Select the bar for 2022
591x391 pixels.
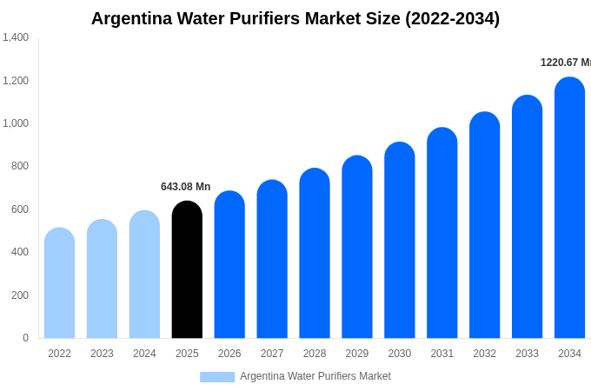[x=59, y=283]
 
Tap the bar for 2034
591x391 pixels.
[x=569, y=208]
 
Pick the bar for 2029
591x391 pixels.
[x=357, y=247]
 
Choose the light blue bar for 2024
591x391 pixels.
[x=144, y=275]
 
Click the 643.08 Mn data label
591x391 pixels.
[x=185, y=187]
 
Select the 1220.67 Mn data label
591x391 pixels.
[x=565, y=63]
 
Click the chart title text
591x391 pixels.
[x=295, y=18]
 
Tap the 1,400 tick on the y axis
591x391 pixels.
[x=16, y=37]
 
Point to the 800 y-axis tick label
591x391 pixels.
[x=19, y=166]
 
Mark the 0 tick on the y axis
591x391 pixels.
[x=25, y=338]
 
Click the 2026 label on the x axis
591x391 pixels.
[x=229, y=354]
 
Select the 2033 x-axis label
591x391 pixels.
[x=527, y=354]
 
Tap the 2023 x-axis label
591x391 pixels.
[x=102, y=354]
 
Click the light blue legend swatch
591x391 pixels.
[x=217, y=377]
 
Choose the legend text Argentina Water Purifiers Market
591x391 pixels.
[x=315, y=376]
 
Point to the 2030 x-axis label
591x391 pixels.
[x=400, y=354]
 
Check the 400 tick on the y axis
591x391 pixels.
[x=19, y=252]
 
